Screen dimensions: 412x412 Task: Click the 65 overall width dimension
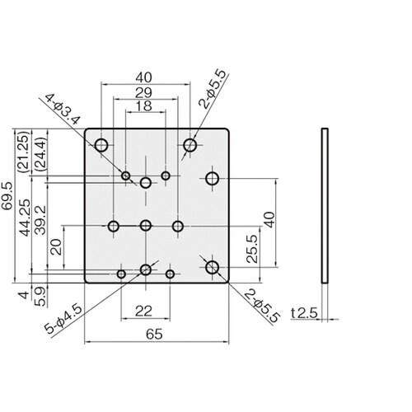[x=154, y=335]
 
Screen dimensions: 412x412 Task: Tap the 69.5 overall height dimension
[x=7, y=196]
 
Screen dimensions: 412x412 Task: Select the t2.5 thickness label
[x=304, y=313]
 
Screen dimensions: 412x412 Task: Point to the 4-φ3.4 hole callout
[x=63, y=110]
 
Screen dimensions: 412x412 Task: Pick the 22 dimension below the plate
[x=143, y=311]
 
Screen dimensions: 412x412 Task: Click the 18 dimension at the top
[x=144, y=105]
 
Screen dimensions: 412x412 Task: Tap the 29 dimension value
[x=143, y=93]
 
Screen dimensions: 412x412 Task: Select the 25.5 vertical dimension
[x=252, y=249]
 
